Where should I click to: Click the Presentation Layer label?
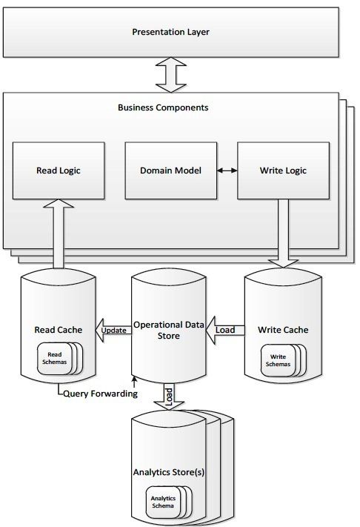pos(170,32)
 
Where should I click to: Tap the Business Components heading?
pos(163,107)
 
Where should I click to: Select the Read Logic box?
pos(59,170)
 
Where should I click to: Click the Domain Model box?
pos(171,170)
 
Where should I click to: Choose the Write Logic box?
pos(283,170)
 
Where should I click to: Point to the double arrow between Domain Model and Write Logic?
pos(227,170)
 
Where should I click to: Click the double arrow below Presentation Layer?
pos(171,75)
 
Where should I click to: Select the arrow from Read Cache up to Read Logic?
pos(59,234)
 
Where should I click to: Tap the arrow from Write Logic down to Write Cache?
pos(283,233)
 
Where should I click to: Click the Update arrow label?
pos(114,331)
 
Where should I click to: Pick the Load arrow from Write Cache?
pos(225,330)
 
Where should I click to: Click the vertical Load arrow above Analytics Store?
pos(169,397)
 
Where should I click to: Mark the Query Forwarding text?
pos(101,394)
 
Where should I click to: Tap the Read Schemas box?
pos(54,358)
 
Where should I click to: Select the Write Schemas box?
pos(278,360)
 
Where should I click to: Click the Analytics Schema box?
pos(163,502)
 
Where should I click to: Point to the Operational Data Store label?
pos(169,330)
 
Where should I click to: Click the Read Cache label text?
pos(59,330)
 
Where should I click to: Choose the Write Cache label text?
pos(283,330)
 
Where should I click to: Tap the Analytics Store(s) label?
pos(169,472)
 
